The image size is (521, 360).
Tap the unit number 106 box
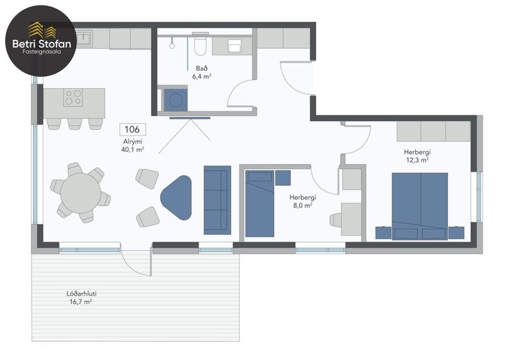click(x=133, y=129)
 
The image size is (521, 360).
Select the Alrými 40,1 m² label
click(x=133, y=146)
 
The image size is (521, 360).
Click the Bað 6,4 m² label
click(x=201, y=72)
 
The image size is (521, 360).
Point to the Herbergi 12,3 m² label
click(x=417, y=156)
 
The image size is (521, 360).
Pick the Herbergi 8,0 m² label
click(x=302, y=201)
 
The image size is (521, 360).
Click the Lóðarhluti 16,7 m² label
click(x=81, y=297)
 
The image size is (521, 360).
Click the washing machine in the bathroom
click(x=175, y=100)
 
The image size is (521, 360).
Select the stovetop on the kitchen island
click(x=73, y=97)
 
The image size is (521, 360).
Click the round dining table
click(x=80, y=193)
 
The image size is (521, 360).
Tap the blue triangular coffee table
click(x=177, y=198)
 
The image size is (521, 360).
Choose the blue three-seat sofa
click(x=217, y=200)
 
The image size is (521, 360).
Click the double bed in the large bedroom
click(x=420, y=206)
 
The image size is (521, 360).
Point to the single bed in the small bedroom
click(x=260, y=203)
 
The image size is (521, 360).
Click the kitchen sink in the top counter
click(x=84, y=38)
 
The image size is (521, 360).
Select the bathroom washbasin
click(x=235, y=46)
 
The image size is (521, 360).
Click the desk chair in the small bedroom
click(x=335, y=220)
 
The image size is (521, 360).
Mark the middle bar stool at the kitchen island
click(x=74, y=124)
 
